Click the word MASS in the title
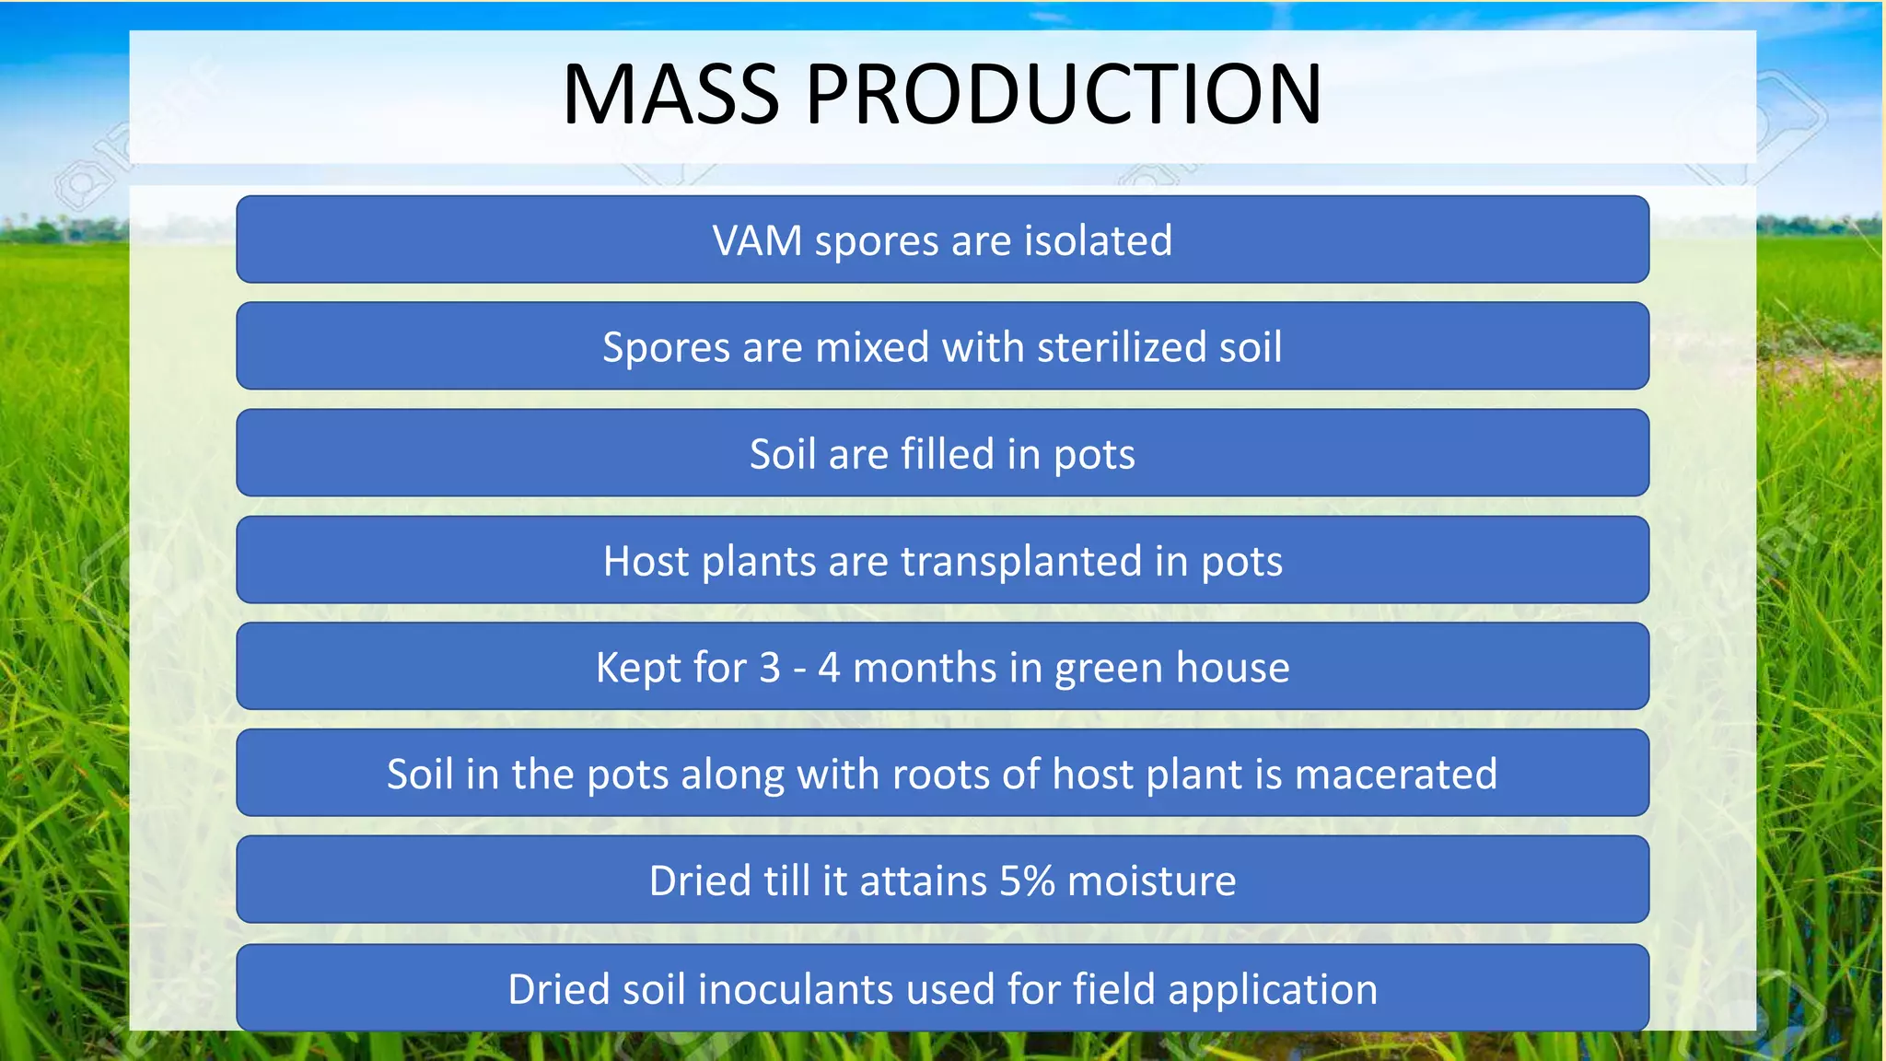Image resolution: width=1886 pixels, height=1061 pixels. [x=670, y=94]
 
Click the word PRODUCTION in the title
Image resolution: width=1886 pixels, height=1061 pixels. [x=1064, y=94]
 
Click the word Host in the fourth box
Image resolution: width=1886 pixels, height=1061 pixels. [x=646, y=561]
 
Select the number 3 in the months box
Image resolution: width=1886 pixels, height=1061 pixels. [x=770, y=668]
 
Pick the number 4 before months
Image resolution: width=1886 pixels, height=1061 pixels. [x=829, y=668]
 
